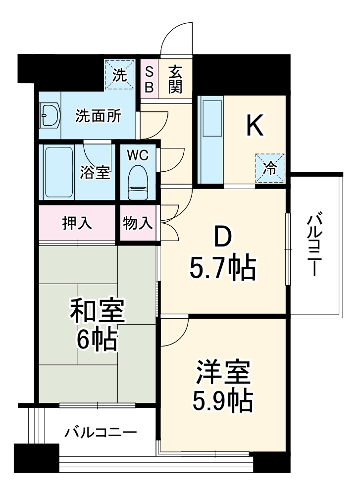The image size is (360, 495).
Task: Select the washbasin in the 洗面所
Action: click(50, 116)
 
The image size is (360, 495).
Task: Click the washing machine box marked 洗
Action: click(120, 74)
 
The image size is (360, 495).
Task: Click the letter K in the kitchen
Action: click(255, 126)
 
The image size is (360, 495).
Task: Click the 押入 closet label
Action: click(77, 223)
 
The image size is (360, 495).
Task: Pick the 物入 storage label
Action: click(137, 223)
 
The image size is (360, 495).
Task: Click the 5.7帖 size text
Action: click(222, 268)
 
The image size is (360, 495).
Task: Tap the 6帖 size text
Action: click(97, 339)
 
